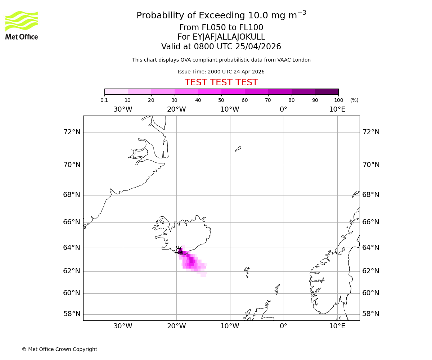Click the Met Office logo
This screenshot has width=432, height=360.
click(22, 25)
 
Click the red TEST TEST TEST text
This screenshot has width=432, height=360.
click(221, 83)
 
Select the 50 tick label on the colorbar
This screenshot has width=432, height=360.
click(221, 100)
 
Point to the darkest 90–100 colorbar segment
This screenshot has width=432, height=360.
click(327, 91)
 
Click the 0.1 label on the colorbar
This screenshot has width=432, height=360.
click(104, 100)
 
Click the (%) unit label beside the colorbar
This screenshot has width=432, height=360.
click(354, 100)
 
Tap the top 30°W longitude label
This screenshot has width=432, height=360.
click(123, 109)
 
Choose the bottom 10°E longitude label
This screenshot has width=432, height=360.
click(337, 326)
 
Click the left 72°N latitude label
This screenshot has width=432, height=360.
click(72, 132)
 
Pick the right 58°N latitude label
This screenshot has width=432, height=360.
click(371, 314)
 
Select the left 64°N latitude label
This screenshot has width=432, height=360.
click(72, 248)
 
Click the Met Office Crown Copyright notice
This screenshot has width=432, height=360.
click(59, 349)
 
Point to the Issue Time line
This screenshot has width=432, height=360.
click(221, 72)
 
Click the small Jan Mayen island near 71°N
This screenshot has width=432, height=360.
click(238, 149)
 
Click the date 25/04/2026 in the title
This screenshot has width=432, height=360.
click(258, 47)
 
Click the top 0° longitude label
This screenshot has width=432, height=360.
click(284, 109)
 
